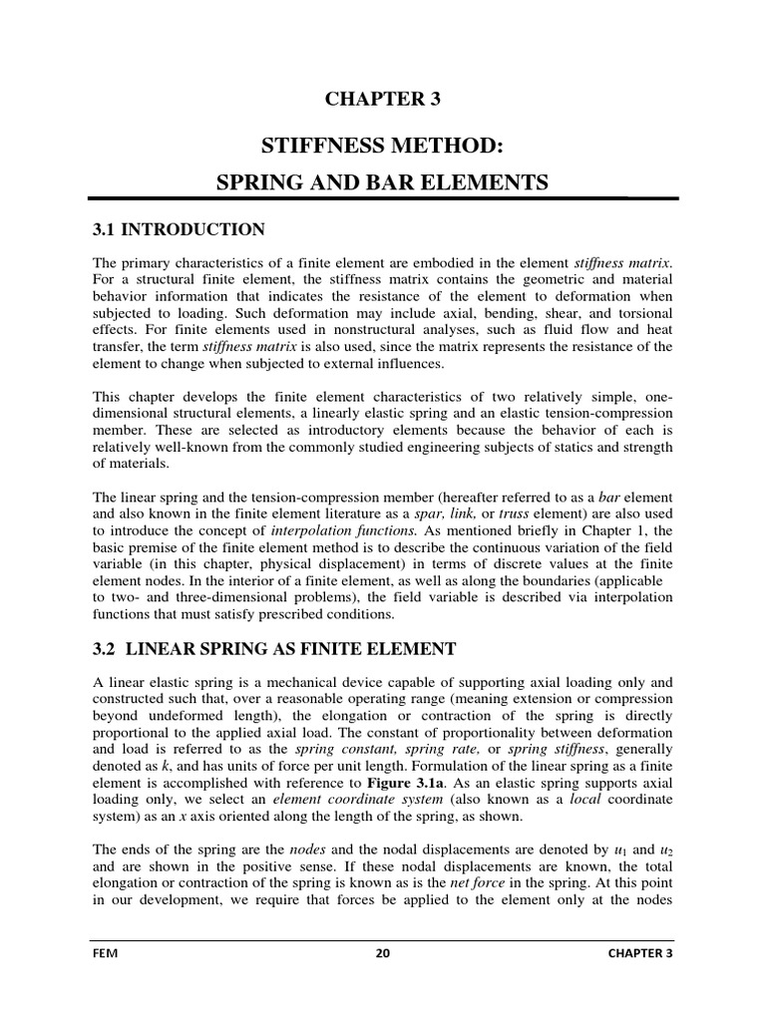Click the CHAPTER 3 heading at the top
[x=383, y=98]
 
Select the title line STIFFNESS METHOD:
[x=383, y=148]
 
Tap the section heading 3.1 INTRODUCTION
[x=179, y=230]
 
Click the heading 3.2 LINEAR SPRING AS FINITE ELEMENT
[x=273, y=649]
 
